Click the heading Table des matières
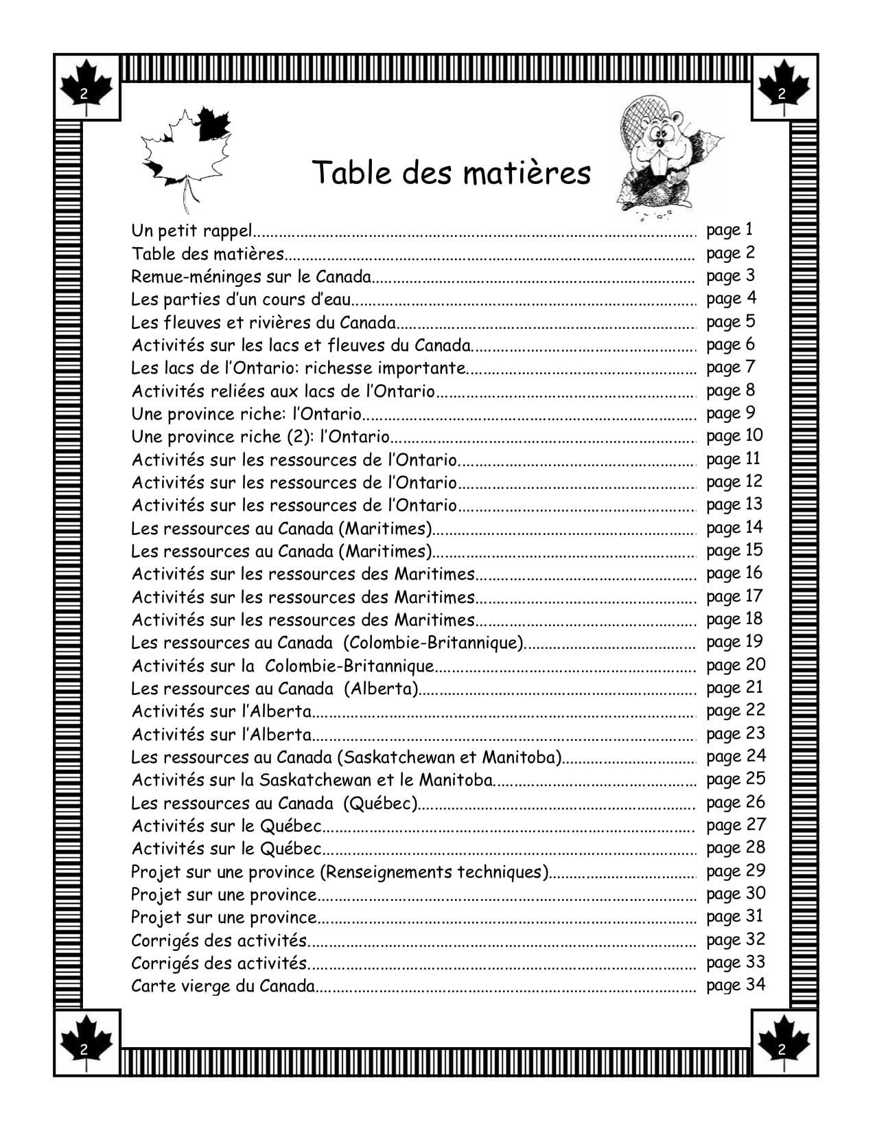[x=451, y=173]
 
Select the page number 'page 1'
[x=730, y=230]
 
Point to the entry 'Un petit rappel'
[x=192, y=231]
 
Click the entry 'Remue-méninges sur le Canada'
[x=251, y=277]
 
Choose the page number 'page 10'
[x=734, y=436]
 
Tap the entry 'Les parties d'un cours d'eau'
[x=241, y=299]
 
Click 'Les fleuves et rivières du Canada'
[x=264, y=322]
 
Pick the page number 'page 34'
[x=735, y=985]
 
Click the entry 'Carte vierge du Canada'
[x=223, y=987]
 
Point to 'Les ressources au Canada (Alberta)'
[x=275, y=689]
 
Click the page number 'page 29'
[x=735, y=871]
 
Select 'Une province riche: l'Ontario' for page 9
[x=246, y=414]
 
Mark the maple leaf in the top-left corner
[x=86, y=86]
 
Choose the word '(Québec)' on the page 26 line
[x=382, y=803]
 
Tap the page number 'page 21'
[x=734, y=688]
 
